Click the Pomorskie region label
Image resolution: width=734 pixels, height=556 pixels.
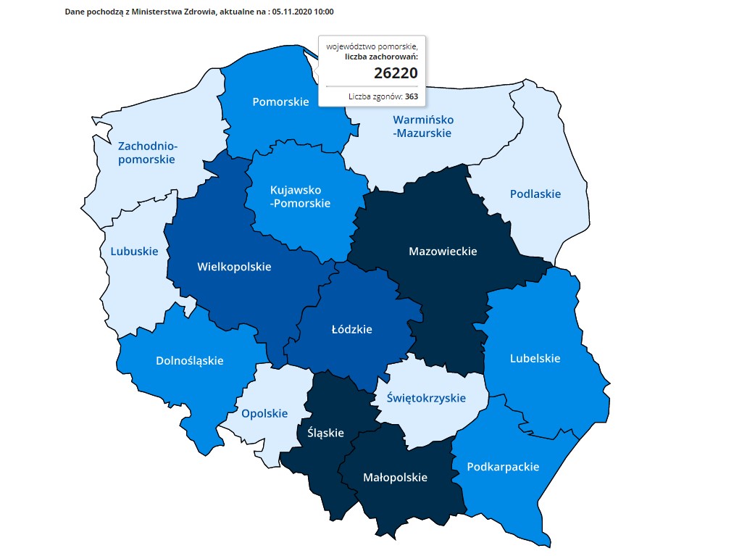[280, 102]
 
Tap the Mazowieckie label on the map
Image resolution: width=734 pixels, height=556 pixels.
[443, 252]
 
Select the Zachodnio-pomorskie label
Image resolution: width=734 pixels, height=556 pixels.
[147, 153]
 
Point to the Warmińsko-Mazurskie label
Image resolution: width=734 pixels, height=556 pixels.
[422, 126]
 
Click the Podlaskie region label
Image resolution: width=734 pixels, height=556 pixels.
[535, 194]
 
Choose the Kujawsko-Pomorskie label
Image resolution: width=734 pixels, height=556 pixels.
[300, 196]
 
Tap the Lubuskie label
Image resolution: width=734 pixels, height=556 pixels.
[134, 252]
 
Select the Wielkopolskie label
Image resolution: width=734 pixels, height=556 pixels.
[234, 267]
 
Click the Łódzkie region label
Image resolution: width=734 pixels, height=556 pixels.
[351, 329]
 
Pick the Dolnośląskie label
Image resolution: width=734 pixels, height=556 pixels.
[190, 360]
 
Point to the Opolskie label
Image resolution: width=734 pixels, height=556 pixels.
[264, 414]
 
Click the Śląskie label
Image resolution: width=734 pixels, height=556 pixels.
[325, 433]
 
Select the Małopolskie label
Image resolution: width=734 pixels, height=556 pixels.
[395, 477]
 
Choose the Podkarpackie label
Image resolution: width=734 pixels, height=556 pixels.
[504, 467]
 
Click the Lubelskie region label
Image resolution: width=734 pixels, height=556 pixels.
[535, 358]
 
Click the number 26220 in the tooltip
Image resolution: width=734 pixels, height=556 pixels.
[396, 72]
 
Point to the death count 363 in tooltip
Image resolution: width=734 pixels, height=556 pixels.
[411, 96]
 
